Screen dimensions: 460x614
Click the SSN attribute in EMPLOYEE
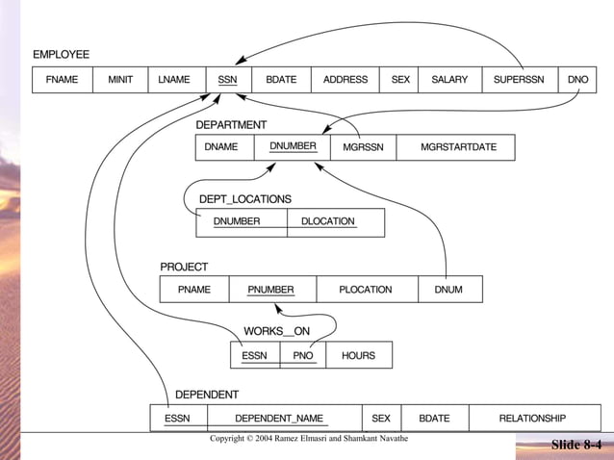227,80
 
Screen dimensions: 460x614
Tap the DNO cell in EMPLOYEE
577,80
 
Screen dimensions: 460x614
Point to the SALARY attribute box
449,80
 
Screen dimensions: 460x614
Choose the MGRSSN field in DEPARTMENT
363,147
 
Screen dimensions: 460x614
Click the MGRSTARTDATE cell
458,147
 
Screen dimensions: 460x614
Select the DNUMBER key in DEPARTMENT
293,147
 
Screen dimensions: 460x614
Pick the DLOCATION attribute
327,221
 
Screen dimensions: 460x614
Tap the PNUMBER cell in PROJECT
270,289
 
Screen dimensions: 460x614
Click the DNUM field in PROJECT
448,289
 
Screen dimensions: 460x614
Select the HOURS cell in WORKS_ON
358,355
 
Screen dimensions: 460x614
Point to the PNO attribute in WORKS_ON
303,355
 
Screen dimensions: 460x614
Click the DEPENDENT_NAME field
279,419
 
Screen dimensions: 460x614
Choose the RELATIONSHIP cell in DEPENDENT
531,419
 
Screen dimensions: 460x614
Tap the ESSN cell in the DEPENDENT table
177,419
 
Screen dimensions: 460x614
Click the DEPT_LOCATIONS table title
244,199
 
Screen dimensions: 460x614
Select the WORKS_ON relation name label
276,331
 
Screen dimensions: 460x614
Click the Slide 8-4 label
576,445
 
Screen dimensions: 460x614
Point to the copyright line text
309,439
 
